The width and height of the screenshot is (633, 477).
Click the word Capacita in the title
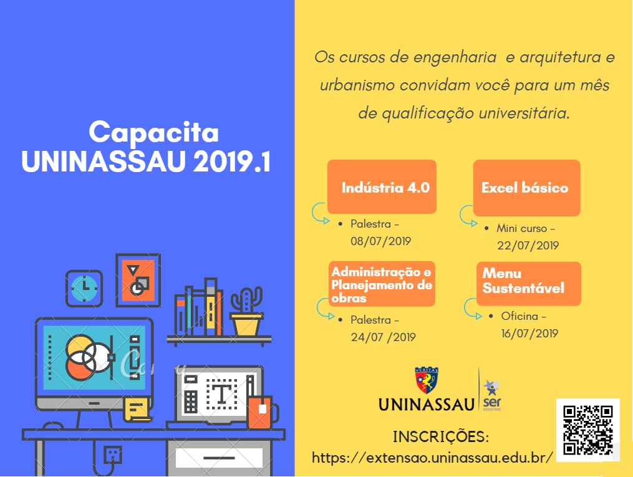[154, 132]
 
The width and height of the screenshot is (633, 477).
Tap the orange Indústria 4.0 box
[382, 187]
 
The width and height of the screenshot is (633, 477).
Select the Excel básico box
[527, 188]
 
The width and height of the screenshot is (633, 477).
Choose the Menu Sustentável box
[528, 284]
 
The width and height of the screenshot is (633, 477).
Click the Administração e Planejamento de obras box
[382, 284]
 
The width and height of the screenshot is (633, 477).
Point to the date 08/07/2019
[380, 241]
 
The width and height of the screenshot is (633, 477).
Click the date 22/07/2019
[528, 246]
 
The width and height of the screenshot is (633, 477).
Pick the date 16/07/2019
[529, 334]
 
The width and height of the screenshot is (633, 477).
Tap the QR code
[587, 430]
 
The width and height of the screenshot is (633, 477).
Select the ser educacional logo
[491, 395]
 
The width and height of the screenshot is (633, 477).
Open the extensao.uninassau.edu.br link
[432, 458]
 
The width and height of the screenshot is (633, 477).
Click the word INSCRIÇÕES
[441, 436]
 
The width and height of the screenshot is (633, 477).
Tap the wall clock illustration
[84, 288]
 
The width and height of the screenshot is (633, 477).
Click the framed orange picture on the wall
[138, 280]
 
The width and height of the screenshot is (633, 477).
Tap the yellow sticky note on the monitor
[137, 409]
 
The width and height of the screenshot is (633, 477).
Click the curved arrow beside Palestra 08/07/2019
[320, 213]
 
